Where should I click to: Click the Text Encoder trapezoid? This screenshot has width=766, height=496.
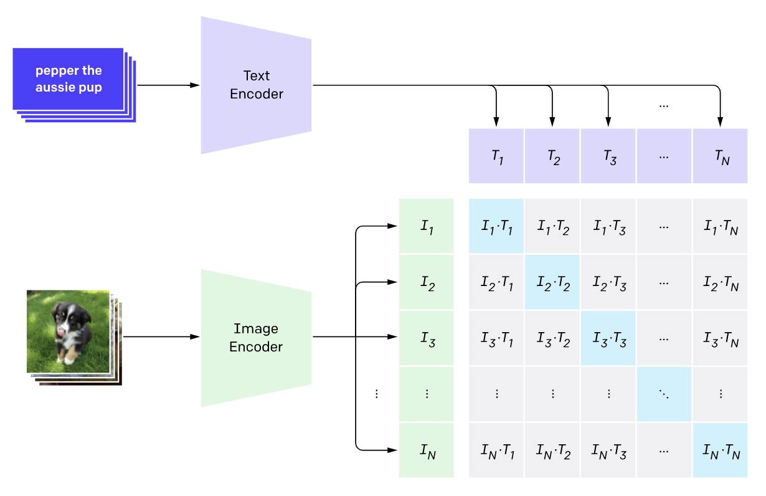[x=256, y=85]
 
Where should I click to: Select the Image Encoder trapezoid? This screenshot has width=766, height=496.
[x=256, y=338]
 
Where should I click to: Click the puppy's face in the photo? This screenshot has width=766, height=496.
[x=67, y=315]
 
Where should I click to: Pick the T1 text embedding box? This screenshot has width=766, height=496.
[x=496, y=156]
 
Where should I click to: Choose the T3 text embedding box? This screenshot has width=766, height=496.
[x=608, y=156]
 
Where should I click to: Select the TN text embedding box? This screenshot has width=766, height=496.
[x=720, y=156]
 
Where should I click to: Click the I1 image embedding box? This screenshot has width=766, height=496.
[x=426, y=227]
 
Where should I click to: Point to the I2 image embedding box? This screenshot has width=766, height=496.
[x=426, y=283]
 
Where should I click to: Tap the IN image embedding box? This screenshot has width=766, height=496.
[x=426, y=450]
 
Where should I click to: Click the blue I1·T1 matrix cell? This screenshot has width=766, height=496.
[x=496, y=227]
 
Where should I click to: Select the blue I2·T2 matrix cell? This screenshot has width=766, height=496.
[x=552, y=283]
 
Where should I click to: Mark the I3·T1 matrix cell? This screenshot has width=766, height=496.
[x=496, y=338]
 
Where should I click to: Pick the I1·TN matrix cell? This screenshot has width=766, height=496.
[x=720, y=227]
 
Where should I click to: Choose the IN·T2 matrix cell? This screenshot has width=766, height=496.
[x=552, y=450]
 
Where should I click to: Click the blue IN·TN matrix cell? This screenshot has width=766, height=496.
[x=720, y=450]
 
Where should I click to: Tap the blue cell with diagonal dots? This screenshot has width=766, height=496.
[x=664, y=394]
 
